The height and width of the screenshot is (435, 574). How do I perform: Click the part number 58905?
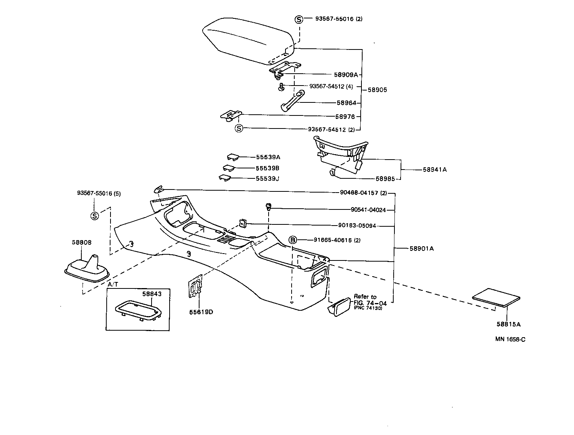(x=378, y=90)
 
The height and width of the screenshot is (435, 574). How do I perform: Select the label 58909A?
(x=346, y=75)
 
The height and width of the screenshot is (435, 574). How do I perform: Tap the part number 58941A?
(x=435, y=170)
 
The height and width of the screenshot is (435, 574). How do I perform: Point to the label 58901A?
(x=421, y=249)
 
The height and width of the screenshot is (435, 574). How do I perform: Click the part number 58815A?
(x=508, y=324)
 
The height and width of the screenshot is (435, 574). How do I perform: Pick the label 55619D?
(x=201, y=312)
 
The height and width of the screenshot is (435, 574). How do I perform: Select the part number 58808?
(x=82, y=242)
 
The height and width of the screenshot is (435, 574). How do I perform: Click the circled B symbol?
(x=293, y=240)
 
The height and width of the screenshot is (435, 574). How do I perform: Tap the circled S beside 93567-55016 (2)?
(x=299, y=19)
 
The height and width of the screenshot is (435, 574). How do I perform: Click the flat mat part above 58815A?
(x=496, y=297)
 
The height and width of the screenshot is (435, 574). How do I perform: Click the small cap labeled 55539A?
(x=233, y=157)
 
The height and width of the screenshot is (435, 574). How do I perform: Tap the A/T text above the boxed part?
(x=112, y=285)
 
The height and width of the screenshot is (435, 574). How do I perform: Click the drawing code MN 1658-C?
(x=510, y=339)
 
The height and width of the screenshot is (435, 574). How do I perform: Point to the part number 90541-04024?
(x=368, y=210)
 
